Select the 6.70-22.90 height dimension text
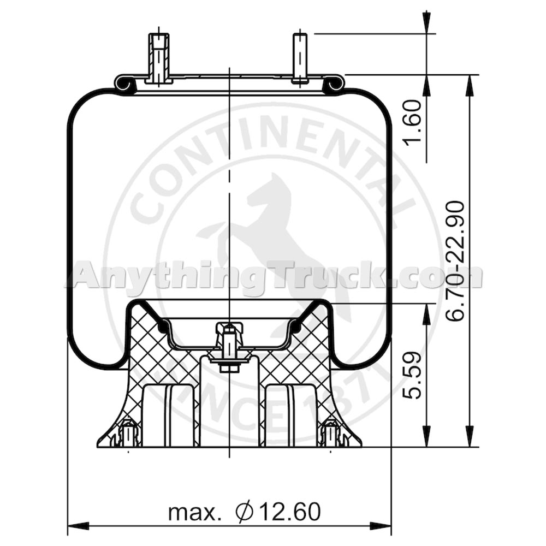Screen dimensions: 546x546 click(455, 260)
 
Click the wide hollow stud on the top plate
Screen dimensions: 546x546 click(159, 57)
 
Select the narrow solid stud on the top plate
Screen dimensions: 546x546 click(300, 57)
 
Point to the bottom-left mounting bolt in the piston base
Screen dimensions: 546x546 click(127, 434)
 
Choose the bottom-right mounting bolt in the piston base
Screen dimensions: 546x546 click(331, 434)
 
